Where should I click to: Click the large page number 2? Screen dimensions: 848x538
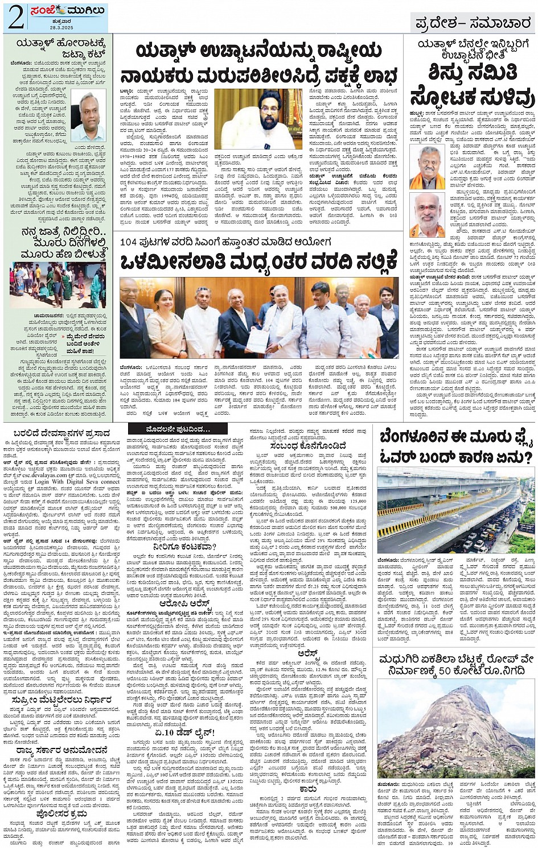15,17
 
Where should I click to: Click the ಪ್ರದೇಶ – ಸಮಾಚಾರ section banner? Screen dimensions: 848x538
472,23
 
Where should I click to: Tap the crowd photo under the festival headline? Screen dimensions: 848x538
58,286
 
